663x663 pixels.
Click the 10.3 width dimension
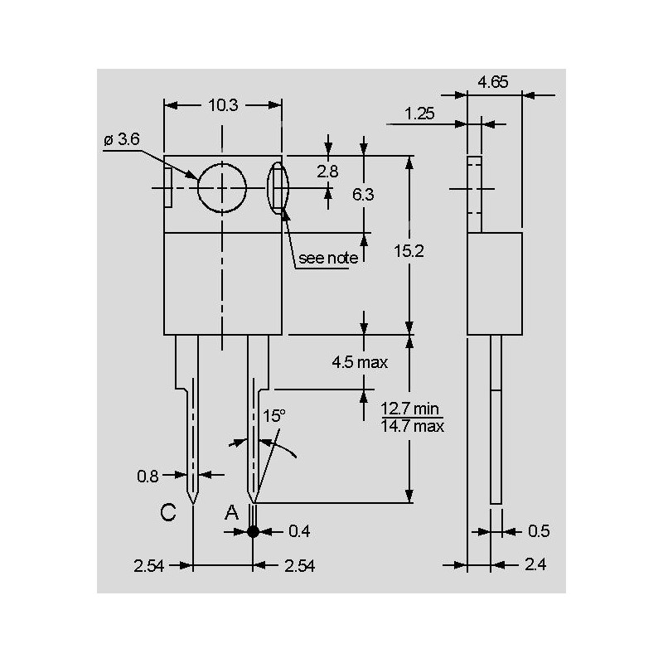tap(223, 105)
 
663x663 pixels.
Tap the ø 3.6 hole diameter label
tap(121, 140)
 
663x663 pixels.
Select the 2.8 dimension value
tap(328, 172)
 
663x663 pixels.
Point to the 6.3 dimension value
tap(363, 195)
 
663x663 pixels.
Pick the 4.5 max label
tap(360, 362)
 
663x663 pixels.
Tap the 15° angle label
tap(273, 414)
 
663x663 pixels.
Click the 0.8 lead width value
tap(148, 476)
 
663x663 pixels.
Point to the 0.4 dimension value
tap(299, 530)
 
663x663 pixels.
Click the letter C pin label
tap(168, 514)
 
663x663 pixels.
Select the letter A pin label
tap(232, 514)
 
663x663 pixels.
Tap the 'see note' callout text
tap(328, 259)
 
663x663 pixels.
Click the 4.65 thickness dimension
tap(493, 81)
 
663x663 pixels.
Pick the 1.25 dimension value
tap(421, 113)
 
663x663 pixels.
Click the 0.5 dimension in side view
tap(539, 530)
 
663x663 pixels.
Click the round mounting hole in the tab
tap(222, 188)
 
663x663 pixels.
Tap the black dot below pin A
tap(254, 530)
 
